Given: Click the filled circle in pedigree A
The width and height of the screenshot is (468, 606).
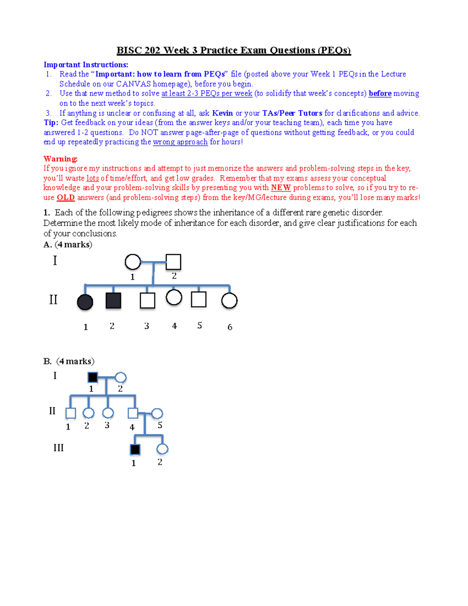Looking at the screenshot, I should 85,302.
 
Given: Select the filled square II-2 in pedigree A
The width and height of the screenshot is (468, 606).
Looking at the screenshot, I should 113,300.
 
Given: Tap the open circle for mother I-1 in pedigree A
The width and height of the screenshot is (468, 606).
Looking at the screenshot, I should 133,262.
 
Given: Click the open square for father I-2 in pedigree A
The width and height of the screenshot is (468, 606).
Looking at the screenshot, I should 174,262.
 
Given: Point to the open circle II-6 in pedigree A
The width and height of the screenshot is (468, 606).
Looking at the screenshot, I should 229,300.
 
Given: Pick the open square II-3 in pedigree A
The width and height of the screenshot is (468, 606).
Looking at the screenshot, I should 147,300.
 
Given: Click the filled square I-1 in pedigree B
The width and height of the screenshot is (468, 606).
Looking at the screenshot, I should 93,377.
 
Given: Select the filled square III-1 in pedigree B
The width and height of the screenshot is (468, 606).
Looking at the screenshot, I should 135,450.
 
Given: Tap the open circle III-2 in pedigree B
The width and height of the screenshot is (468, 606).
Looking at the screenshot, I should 162,449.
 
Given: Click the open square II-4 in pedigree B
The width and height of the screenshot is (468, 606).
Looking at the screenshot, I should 133,413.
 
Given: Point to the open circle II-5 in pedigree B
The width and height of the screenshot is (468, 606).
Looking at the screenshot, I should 157,413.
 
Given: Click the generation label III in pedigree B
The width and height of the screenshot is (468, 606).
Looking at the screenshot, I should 58,448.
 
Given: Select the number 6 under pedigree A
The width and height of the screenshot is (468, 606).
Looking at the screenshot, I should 230,327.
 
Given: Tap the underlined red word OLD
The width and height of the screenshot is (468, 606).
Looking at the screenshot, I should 66,197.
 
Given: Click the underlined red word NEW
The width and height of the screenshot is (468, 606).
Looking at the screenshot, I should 281,188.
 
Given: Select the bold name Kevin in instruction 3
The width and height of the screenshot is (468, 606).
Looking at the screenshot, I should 222,113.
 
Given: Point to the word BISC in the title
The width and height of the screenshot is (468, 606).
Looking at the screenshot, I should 129,50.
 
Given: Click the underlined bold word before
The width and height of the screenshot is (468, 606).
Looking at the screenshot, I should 380,94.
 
